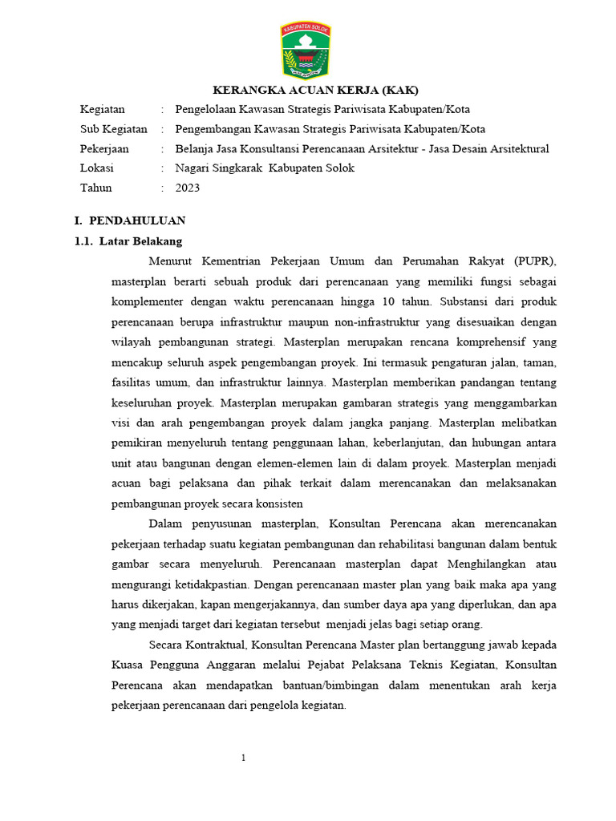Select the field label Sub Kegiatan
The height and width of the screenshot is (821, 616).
click(113, 129)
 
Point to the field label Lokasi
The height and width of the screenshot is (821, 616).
click(96, 168)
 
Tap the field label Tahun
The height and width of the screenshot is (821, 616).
click(95, 188)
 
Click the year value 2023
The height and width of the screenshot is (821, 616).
click(188, 188)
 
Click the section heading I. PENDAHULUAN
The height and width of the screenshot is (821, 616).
click(130, 220)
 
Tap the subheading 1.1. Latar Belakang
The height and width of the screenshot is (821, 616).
click(128, 241)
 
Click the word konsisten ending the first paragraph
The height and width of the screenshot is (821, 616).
click(278, 504)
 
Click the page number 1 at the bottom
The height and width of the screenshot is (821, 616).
click(243, 758)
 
